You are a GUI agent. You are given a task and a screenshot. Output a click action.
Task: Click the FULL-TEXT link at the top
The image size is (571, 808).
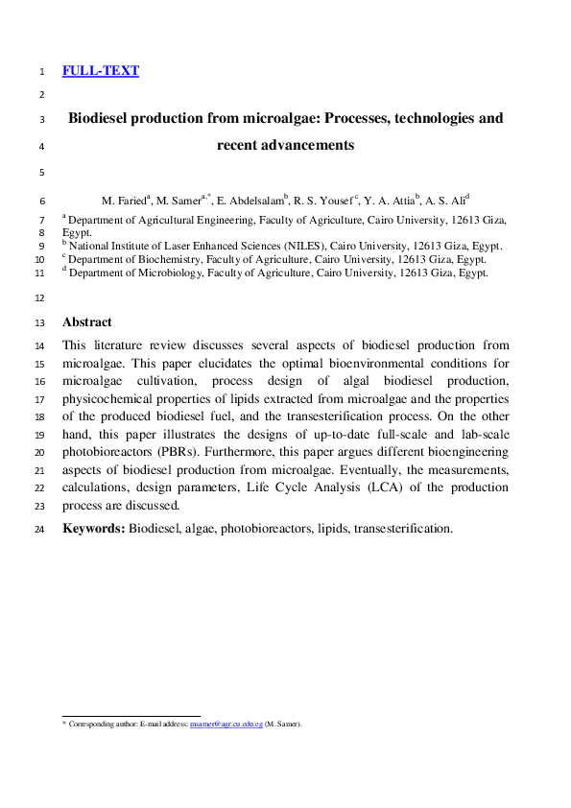point(101,71)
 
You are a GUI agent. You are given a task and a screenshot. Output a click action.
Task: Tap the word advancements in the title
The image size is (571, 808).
point(309,146)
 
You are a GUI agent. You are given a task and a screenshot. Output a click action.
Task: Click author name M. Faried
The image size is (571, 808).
point(125,201)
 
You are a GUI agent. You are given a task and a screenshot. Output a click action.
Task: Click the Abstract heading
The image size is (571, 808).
point(86,322)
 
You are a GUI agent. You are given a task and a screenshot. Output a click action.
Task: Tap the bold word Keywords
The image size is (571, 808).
point(93,528)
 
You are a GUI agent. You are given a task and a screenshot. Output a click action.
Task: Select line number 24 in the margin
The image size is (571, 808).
point(39,529)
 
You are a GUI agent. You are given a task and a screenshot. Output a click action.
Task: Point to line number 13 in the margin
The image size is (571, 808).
point(39,323)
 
